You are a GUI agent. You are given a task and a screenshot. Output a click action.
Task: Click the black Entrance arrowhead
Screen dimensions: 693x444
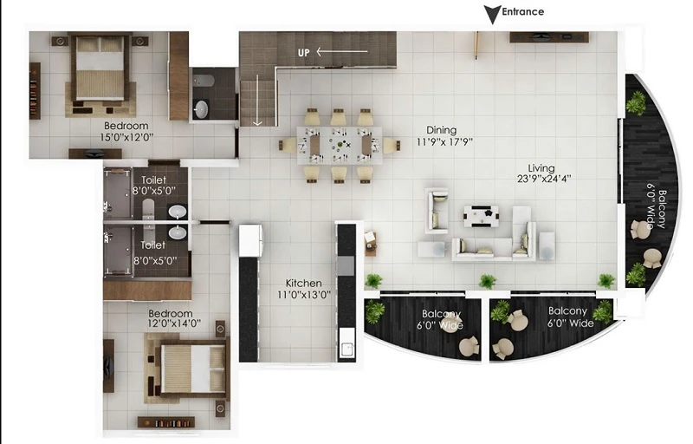(x=492, y=14)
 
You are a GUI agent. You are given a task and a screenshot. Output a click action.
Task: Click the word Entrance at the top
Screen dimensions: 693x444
(x=523, y=12)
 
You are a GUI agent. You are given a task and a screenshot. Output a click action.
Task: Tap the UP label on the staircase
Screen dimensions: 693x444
(x=304, y=53)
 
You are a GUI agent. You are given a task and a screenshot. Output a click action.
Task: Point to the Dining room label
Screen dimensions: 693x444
(x=441, y=130)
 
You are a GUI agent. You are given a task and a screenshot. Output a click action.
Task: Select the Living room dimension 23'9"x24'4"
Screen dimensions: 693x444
(x=544, y=179)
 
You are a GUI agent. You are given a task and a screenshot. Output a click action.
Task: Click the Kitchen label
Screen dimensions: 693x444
(x=304, y=283)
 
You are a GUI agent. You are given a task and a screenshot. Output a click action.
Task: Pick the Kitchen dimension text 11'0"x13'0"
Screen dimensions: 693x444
(x=304, y=295)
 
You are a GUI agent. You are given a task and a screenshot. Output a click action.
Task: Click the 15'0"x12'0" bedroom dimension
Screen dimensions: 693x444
(x=126, y=137)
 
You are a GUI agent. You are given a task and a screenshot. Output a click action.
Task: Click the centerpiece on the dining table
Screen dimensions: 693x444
(x=340, y=144)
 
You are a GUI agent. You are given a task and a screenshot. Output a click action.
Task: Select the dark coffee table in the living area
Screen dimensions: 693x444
(x=481, y=216)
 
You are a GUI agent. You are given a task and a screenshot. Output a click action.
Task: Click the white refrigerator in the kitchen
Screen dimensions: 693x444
(x=251, y=241)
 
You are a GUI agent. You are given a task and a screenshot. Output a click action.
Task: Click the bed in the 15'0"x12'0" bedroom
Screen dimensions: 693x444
(x=100, y=69)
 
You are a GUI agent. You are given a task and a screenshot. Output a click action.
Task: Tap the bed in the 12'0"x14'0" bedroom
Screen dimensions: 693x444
(x=192, y=369)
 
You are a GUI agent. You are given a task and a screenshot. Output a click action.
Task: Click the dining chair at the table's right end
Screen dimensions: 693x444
(x=392, y=146)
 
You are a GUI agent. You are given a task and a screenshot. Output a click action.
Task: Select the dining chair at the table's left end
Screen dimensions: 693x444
(x=288, y=146)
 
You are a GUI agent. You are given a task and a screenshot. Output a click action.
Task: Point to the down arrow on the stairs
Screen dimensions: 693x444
(x=257, y=100)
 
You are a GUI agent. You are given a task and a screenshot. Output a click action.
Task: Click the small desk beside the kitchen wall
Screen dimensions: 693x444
(x=371, y=244)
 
